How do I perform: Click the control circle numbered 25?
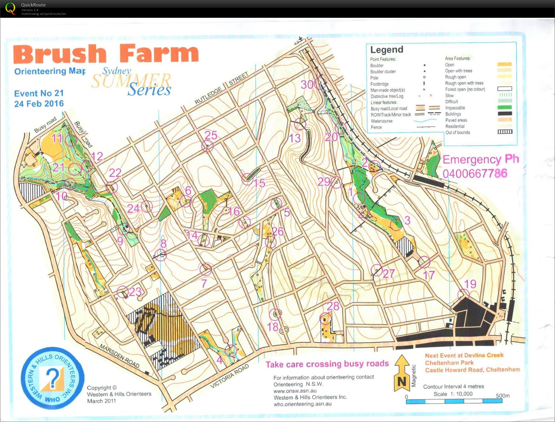click(x=207, y=146)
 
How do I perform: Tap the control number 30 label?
click(x=307, y=84)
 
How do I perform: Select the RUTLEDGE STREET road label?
click(x=221, y=88)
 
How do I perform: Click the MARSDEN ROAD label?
click(x=119, y=356)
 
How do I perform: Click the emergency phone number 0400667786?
click(x=475, y=173)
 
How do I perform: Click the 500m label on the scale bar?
click(x=502, y=395)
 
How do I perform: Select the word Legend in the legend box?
click(x=387, y=50)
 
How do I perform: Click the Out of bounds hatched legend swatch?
click(x=505, y=132)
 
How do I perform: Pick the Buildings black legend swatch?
click(x=505, y=114)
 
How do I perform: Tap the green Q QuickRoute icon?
click(x=10, y=8)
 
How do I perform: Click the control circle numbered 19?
click(x=463, y=294)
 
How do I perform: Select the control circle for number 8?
click(x=160, y=255)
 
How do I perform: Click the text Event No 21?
click(x=39, y=93)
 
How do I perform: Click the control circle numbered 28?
click(x=325, y=318)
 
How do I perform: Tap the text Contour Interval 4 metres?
click(x=453, y=387)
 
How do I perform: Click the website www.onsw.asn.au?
click(x=295, y=391)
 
